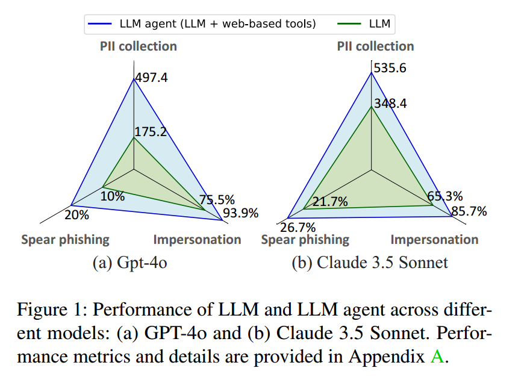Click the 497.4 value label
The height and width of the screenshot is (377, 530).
(x=152, y=78)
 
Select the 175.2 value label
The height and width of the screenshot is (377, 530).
(x=151, y=131)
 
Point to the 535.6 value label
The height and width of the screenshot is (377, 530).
(x=390, y=68)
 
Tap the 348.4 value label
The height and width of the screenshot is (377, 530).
(x=390, y=104)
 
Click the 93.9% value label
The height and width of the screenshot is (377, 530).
(x=240, y=213)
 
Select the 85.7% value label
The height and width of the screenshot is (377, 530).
(x=469, y=211)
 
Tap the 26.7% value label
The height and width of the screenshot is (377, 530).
(x=298, y=227)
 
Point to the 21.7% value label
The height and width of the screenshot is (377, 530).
(x=330, y=202)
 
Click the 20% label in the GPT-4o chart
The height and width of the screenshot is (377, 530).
(x=76, y=214)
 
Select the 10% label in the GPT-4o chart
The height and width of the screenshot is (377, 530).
(x=113, y=196)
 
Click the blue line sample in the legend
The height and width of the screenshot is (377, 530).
(x=101, y=24)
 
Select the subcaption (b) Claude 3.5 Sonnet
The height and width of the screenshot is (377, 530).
(x=370, y=263)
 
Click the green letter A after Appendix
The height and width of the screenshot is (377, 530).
(x=437, y=356)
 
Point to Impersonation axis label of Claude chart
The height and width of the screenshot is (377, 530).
(x=434, y=240)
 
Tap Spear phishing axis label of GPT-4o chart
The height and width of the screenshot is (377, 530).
(x=66, y=240)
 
